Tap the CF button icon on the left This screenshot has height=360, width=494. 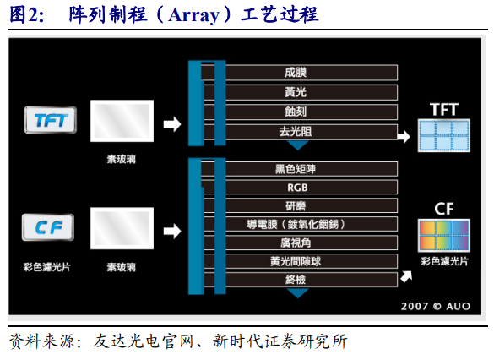49,226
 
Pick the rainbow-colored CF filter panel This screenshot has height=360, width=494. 444,236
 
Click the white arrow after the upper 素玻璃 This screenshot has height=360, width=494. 171,124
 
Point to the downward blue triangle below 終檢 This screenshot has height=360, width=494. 297,292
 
